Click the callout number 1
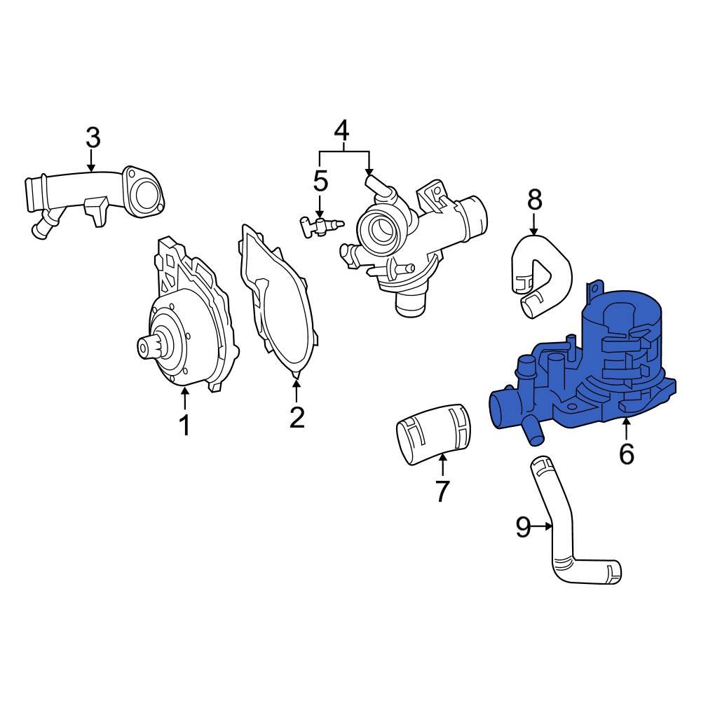click(185, 425)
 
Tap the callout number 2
click(297, 417)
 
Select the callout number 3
click(93, 138)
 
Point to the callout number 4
click(341, 130)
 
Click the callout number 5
click(320, 181)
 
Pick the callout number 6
click(626, 454)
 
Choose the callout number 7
click(442, 491)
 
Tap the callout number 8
click(534, 200)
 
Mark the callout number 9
click(523, 526)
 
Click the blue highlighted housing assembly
click(596, 379)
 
